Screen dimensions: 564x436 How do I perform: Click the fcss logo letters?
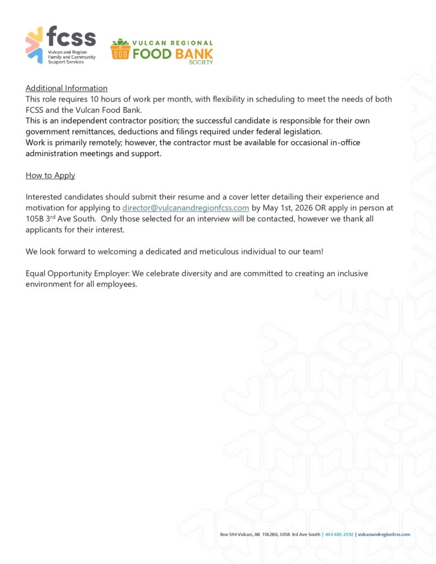click(x=71, y=37)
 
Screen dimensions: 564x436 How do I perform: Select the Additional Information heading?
click(x=66, y=88)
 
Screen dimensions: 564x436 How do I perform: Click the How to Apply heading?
click(x=50, y=175)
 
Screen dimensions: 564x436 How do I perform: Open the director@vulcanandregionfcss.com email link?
click(x=186, y=208)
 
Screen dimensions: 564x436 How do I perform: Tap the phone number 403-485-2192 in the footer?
click(x=339, y=534)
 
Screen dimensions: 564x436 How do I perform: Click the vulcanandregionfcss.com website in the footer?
click(x=384, y=534)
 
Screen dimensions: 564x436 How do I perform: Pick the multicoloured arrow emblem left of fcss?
click(x=34, y=45)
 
